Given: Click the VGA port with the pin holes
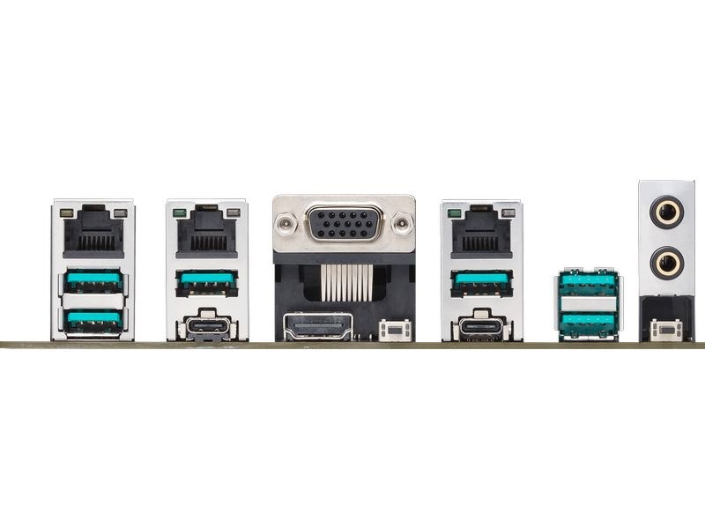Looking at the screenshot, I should click(344, 223).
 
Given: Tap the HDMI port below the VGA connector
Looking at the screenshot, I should click(317, 326).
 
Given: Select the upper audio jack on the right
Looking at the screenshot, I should click(665, 212).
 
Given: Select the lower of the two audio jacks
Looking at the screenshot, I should click(665, 262).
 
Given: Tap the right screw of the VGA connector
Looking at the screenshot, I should click(402, 224).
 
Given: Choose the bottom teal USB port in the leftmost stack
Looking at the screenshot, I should click(93, 320).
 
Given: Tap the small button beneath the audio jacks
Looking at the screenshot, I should click(667, 331).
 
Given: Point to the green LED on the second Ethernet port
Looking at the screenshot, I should click(181, 212).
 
